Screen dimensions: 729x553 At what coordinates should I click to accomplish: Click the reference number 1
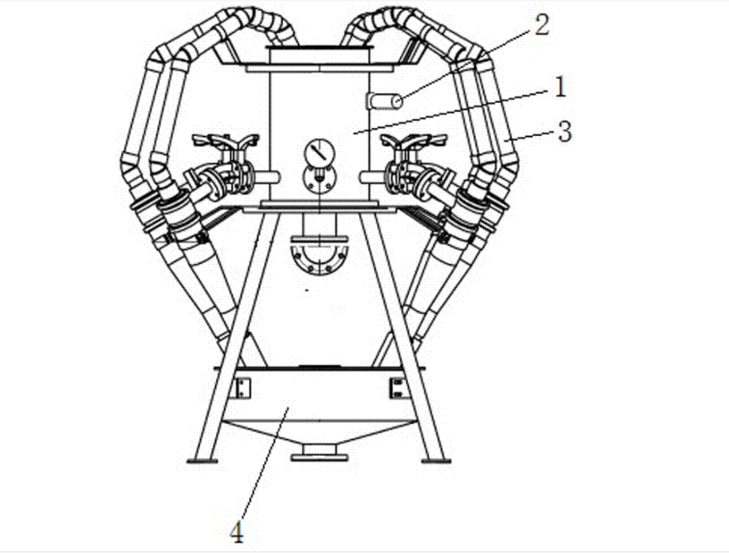tap(558, 85)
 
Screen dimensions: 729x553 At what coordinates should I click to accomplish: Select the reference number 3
tap(563, 131)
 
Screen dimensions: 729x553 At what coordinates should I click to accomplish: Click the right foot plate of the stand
tap(437, 458)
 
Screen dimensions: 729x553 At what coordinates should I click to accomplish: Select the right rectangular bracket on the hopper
tap(395, 388)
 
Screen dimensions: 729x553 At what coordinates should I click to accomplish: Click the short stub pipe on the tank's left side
tap(268, 176)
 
